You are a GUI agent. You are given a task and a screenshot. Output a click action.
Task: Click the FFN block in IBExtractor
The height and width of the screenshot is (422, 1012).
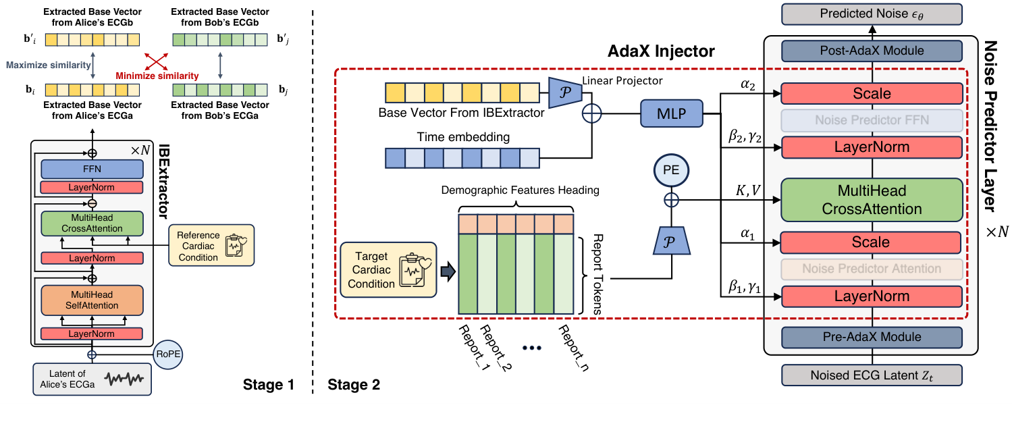tap(92, 169)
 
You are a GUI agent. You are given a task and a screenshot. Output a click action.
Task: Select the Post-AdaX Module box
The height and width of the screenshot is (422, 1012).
tap(871, 51)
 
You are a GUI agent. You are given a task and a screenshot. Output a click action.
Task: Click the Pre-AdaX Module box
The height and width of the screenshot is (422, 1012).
tap(871, 337)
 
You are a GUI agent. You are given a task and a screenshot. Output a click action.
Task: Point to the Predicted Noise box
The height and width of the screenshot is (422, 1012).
tap(871, 14)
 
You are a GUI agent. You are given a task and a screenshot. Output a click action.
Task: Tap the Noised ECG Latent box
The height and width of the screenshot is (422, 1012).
tap(871, 375)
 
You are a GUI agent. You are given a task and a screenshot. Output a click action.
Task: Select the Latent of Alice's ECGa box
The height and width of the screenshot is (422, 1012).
tap(92, 379)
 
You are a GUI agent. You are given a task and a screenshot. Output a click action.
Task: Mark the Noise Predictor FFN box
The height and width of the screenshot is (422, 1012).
tap(871, 120)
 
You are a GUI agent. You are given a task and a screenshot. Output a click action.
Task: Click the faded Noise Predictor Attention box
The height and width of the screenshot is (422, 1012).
tap(871, 269)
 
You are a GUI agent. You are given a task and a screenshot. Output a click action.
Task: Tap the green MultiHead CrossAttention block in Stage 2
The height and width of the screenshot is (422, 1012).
tap(871, 200)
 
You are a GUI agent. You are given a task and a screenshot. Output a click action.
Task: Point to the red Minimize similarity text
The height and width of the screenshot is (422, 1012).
tap(157, 76)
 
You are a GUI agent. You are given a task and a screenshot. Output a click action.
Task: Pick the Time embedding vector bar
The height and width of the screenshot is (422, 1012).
tap(462, 158)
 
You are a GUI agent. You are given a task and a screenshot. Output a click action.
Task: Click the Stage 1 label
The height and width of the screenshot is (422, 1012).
tap(269, 386)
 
